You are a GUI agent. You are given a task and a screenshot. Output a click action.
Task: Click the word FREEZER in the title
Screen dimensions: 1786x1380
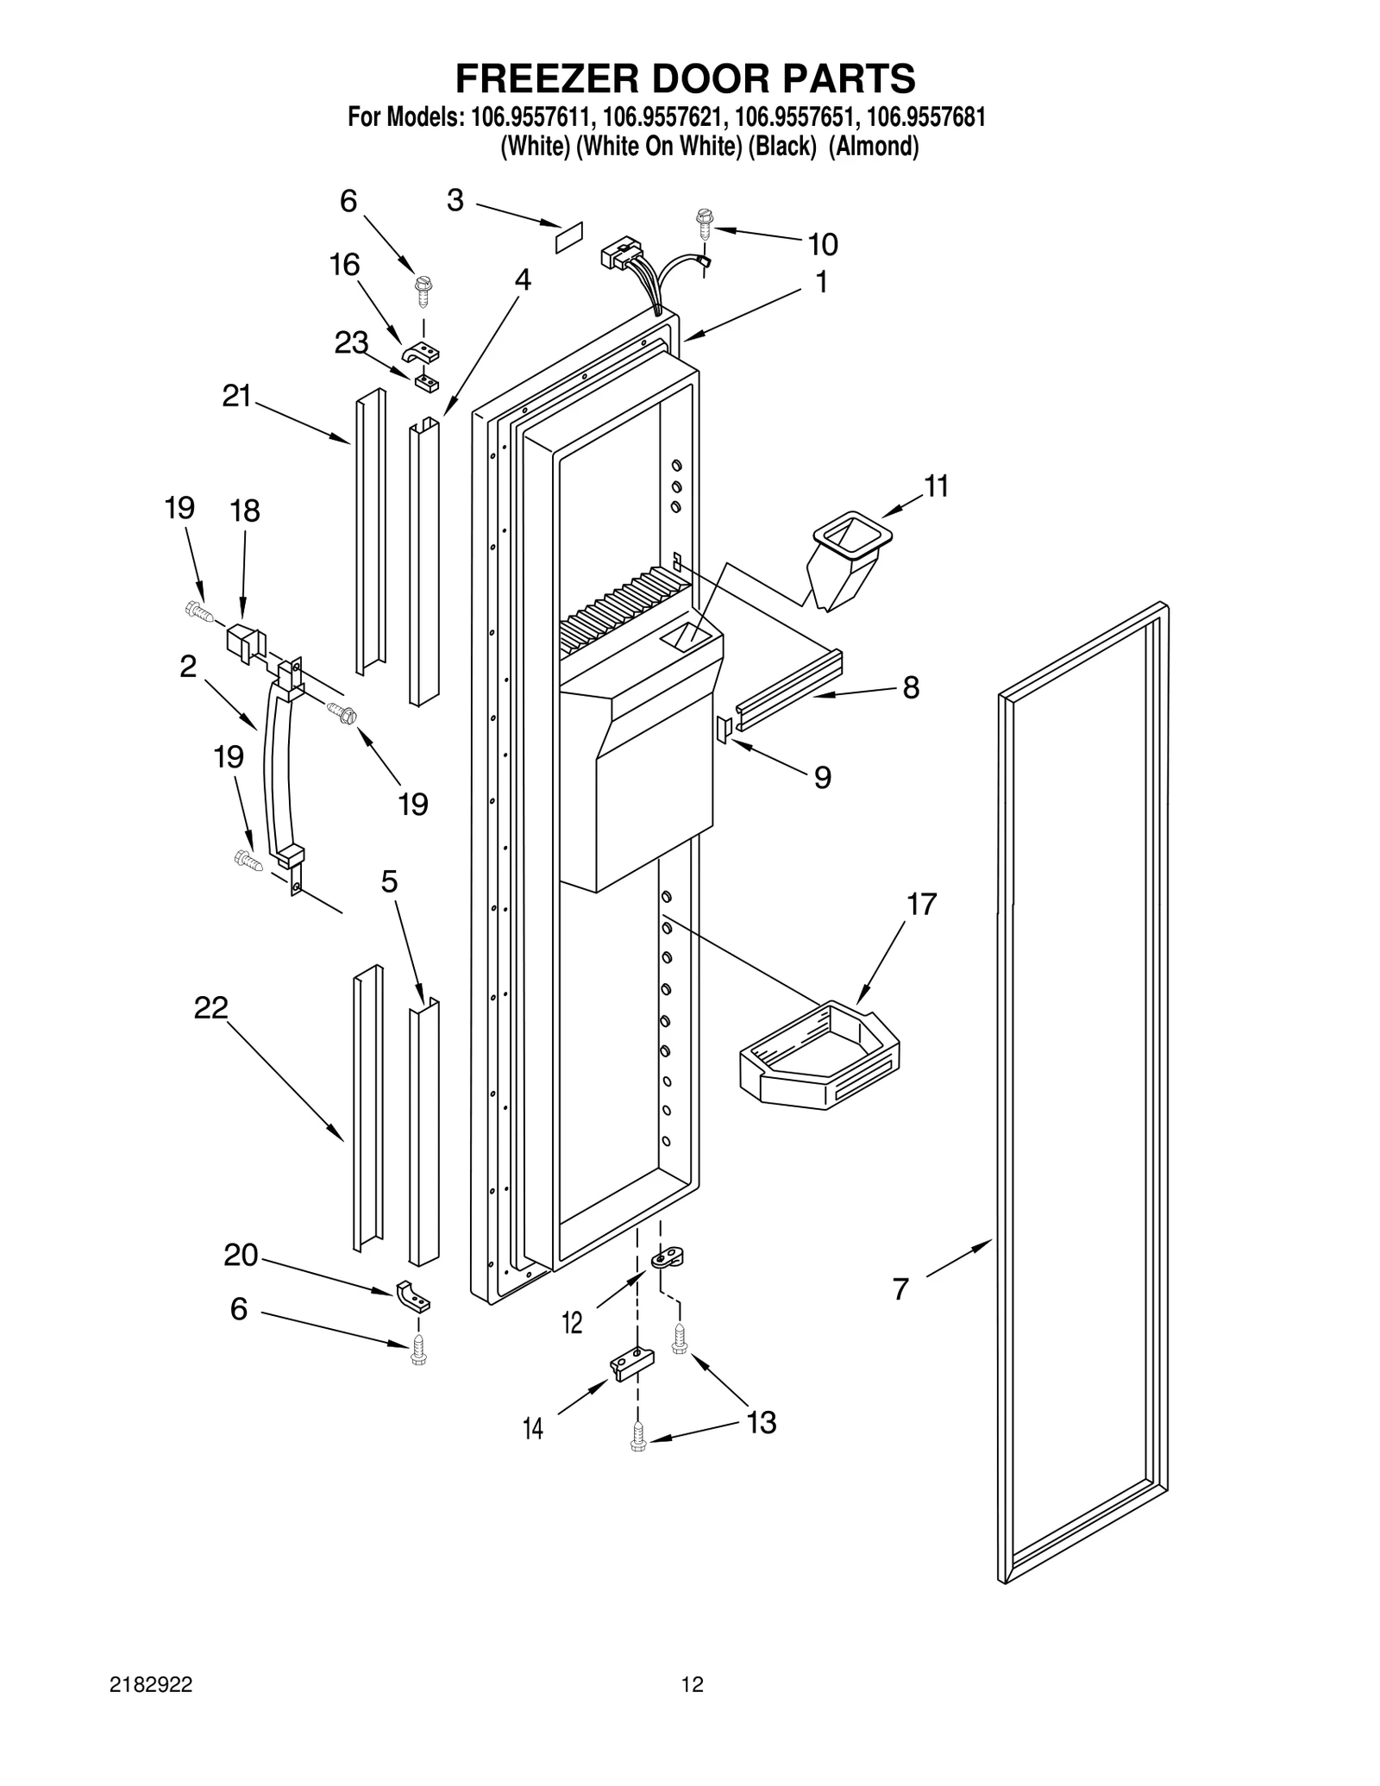pos(546,78)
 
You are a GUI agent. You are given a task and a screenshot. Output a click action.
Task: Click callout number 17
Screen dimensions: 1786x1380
pos(921,905)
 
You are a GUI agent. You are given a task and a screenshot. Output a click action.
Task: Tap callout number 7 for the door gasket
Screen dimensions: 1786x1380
pos(900,1289)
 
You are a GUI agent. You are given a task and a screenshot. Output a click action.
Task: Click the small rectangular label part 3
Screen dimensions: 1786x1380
pos(568,237)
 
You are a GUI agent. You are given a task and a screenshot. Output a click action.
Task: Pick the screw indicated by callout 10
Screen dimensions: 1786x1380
pos(704,222)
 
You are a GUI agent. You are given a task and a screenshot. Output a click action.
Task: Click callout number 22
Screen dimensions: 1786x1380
pos(210,1007)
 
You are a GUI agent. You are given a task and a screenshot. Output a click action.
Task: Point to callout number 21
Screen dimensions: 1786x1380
pos(236,396)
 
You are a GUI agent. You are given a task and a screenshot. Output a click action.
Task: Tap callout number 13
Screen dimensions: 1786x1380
pos(762,1421)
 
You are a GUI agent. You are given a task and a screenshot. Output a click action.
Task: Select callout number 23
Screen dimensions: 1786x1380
pos(351,342)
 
